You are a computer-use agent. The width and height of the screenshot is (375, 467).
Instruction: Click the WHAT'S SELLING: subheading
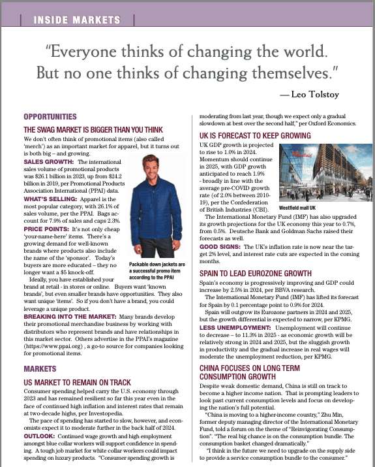(51, 199)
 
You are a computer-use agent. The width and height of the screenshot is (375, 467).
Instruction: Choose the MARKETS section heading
(39, 369)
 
